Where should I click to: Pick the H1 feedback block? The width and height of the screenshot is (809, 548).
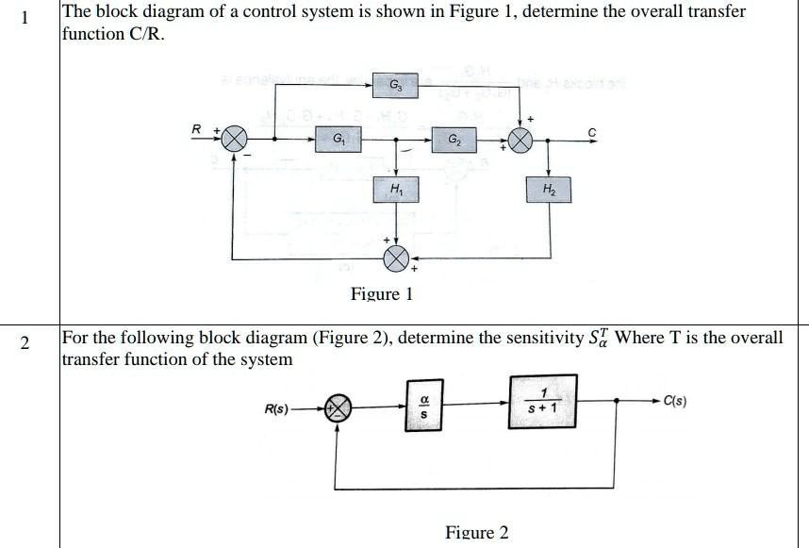[396, 191]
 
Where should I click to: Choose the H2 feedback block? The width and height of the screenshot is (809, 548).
[550, 191]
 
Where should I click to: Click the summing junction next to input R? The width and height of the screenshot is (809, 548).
[234, 140]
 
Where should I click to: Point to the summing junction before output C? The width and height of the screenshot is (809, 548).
[520, 141]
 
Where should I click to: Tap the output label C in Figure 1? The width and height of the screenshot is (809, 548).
[591, 131]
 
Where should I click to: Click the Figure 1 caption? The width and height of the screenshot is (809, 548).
[382, 294]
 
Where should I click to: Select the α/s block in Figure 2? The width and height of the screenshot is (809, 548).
[422, 407]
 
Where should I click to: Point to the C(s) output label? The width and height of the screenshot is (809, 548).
[674, 400]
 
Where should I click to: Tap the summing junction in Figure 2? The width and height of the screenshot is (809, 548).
[338, 407]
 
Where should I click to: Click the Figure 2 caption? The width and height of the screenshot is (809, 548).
[476, 533]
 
